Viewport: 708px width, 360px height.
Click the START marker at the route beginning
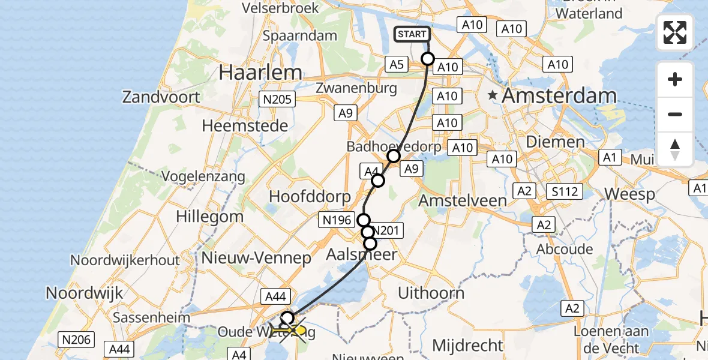412,34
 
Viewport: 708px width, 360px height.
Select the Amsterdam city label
559,95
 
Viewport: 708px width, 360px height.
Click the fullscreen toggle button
675,32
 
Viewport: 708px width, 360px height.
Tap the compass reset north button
675,149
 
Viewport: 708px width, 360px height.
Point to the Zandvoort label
161,96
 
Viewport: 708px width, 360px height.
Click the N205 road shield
275,100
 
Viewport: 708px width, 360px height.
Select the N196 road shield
337,220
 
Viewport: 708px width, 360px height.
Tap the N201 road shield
388,230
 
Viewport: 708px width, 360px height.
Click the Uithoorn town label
431,293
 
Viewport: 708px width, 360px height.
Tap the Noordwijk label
85,293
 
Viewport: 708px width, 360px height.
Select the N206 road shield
77,340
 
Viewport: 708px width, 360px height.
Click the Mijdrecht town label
467,345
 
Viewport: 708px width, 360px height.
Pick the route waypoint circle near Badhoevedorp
393,157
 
